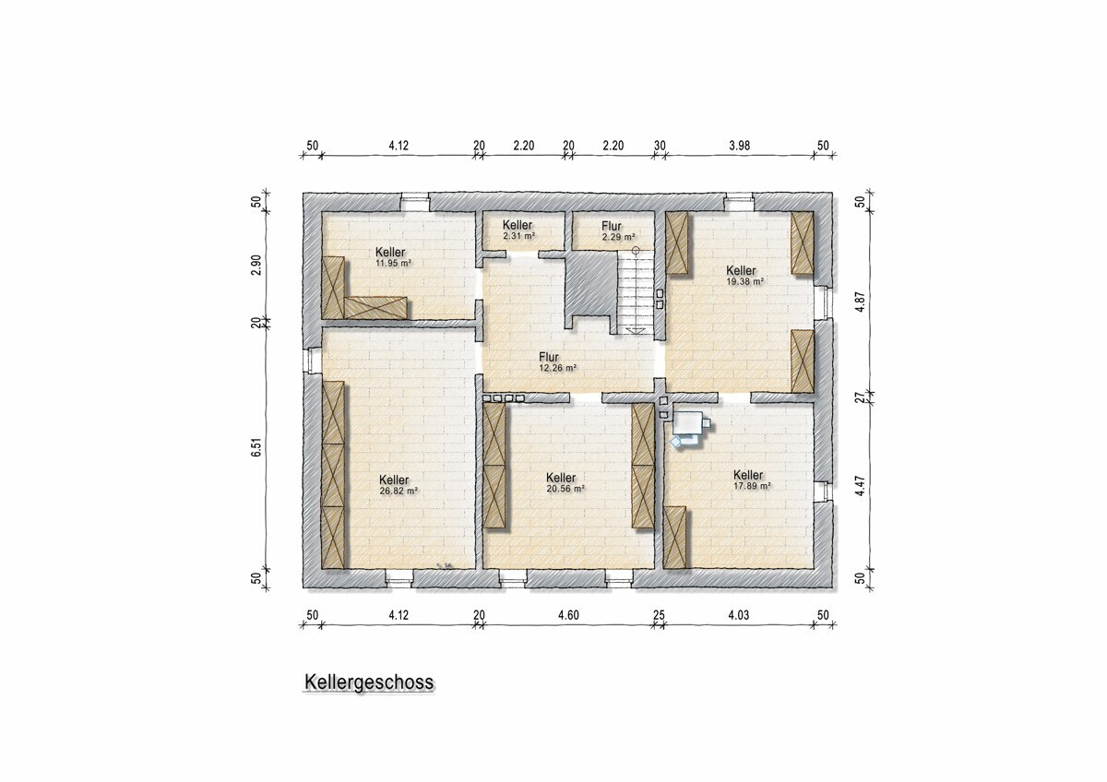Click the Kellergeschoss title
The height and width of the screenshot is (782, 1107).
[x=369, y=681]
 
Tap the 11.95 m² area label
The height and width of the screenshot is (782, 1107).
[x=393, y=264]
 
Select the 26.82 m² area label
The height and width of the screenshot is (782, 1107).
[x=399, y=491]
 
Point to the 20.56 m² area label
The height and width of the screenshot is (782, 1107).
[x=565, y=489]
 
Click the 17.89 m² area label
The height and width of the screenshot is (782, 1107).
[x=752, y=486]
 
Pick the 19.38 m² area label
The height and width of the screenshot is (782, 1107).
[x=744, y=281]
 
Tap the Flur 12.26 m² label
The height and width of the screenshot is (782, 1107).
[x=558, y=362]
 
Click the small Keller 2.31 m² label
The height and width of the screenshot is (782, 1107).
[x=518, y=231]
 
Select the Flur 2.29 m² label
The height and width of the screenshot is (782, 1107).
[x=618, y=231]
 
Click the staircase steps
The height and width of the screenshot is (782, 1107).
[x=636, y=293]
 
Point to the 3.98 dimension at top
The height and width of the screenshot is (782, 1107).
[x=739, y=145]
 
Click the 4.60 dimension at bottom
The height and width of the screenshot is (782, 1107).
[x=568, y=615]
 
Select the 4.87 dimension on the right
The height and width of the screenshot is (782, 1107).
[x=861, y=302]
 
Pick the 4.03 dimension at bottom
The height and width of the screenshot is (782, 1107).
[x=738, y=615]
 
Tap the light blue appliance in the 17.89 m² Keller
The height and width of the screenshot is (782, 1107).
[x=691, y=430]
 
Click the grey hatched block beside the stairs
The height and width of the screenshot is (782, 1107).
[x=591, y=285]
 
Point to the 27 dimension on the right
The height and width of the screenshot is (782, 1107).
[x=861, y=397]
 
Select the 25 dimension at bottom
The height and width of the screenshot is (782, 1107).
[x=659, y=615]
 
